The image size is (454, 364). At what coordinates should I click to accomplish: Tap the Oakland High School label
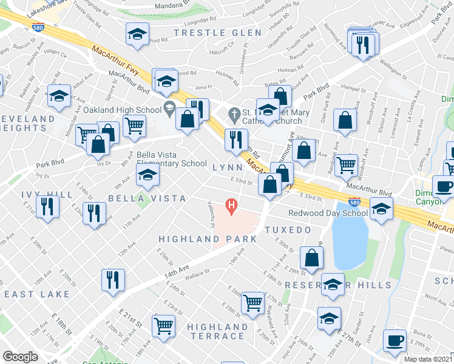(121, 110)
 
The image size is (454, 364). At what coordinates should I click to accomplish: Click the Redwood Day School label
(328, 213)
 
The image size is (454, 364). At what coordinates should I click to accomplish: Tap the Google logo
(20, 357)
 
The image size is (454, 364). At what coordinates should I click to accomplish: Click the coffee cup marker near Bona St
(395, 341)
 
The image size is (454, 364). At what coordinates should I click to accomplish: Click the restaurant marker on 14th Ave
(113, 280)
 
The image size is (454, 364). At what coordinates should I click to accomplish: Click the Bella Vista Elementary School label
(172, 159)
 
